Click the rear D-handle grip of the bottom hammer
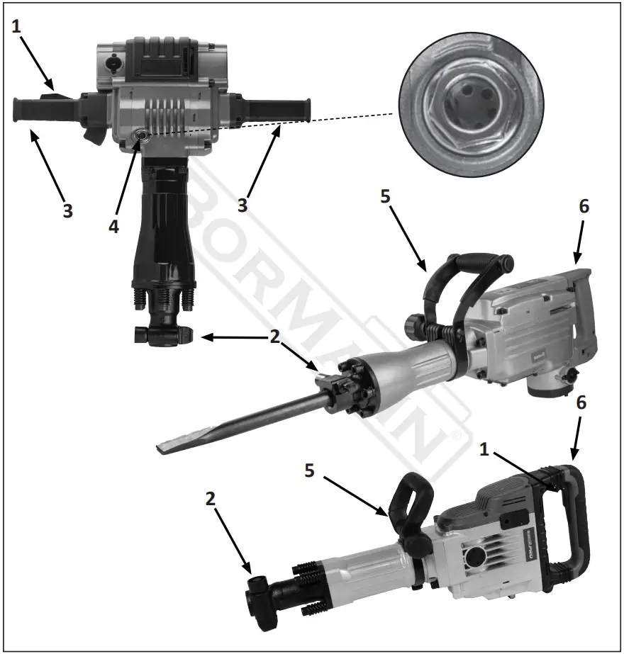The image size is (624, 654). click(576, 517)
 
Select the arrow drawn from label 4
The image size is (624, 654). click(125, 181)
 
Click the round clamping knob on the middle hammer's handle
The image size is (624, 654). click(415, 327)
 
